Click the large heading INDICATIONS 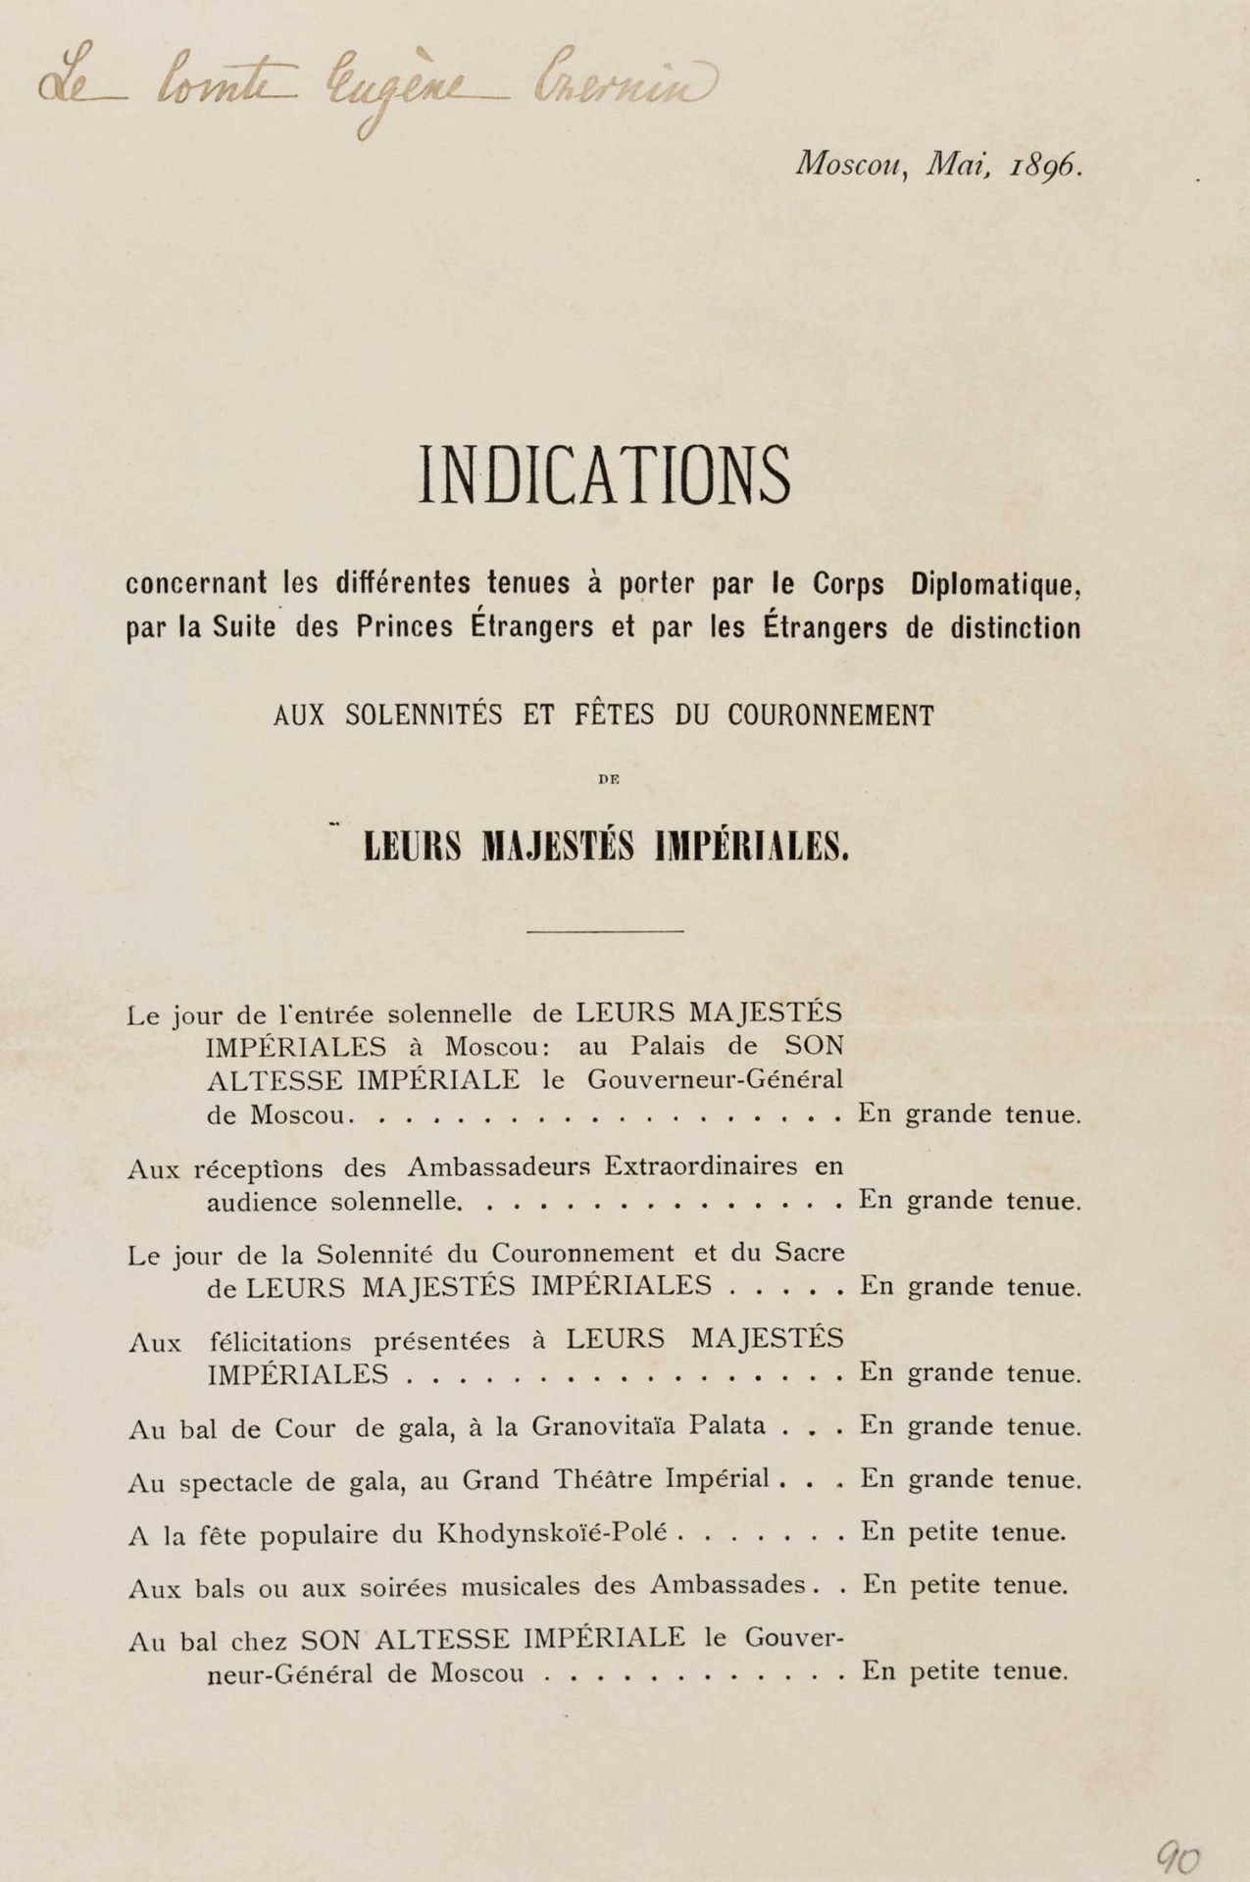coord(605,476)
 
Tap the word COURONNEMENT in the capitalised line coord(830,716)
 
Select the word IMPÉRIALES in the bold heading coord(751,846)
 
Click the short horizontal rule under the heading coord(605,930)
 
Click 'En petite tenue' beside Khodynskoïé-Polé coord(964,1532)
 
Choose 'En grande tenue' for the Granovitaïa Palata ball coord(971,1425)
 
